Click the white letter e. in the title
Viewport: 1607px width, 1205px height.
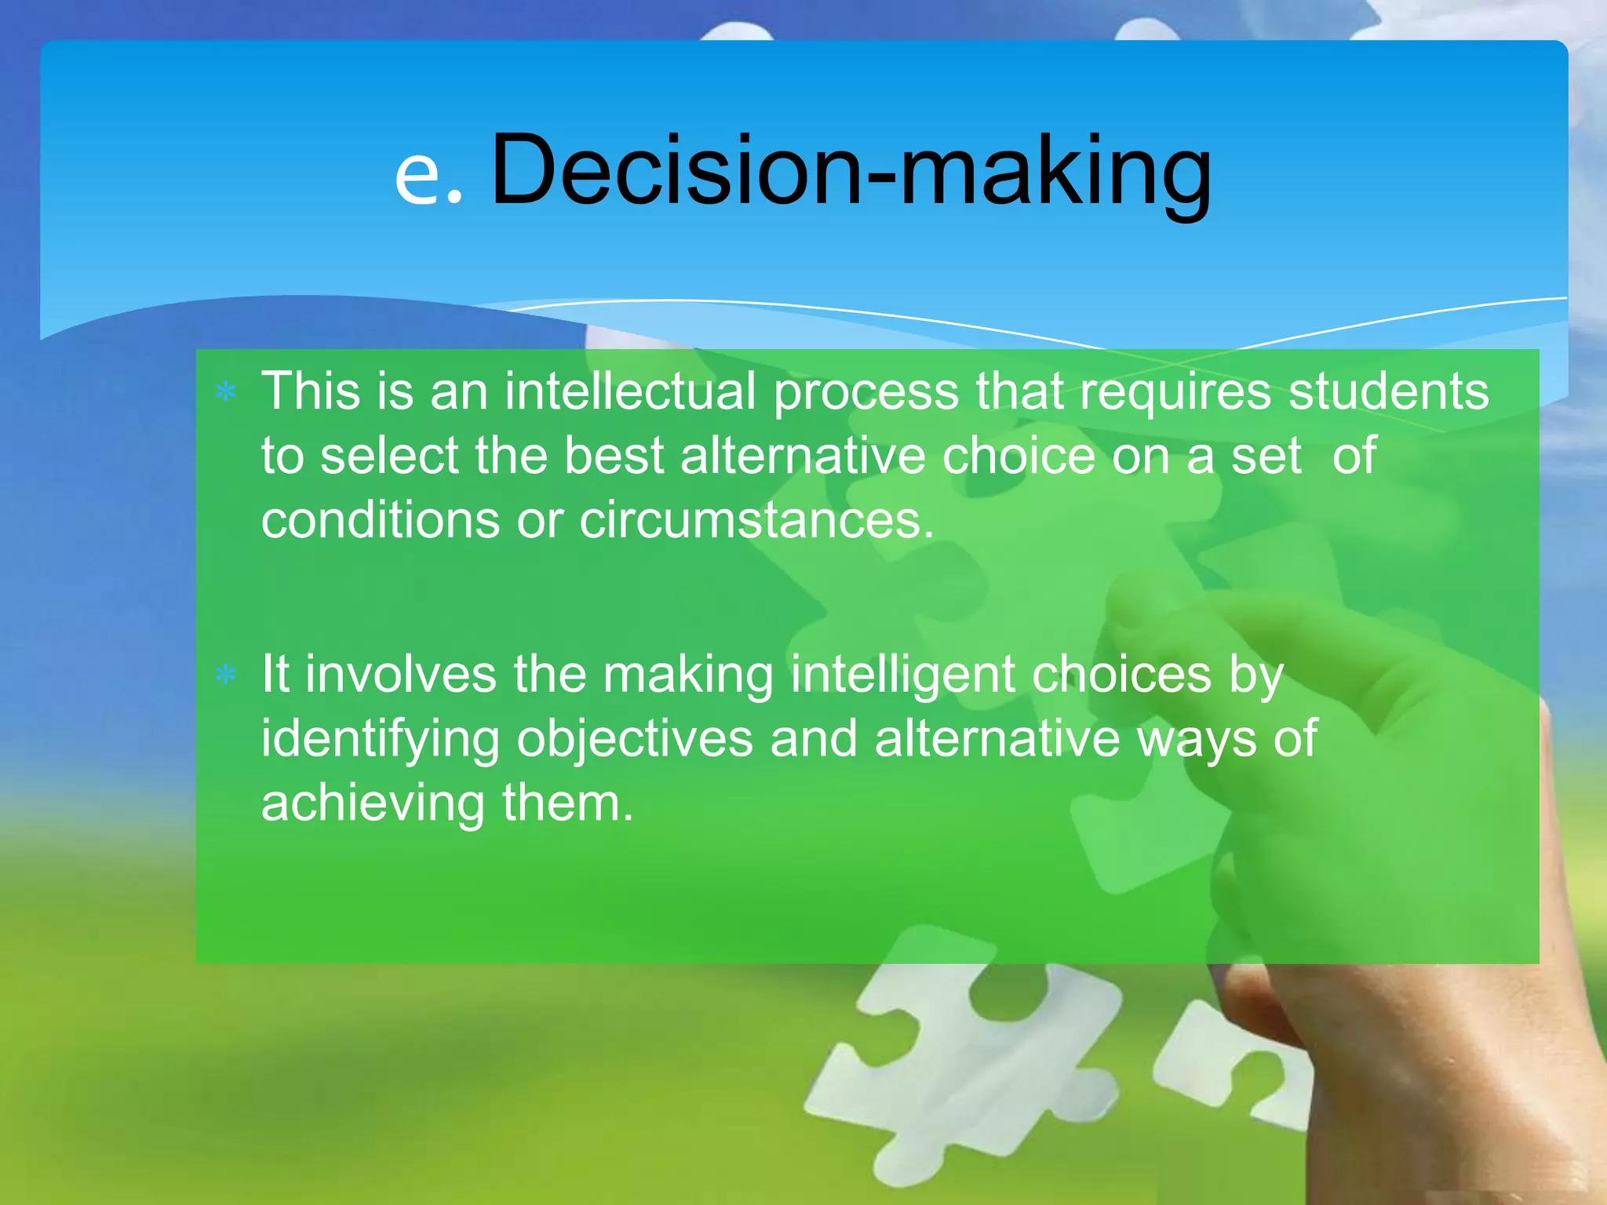[x=428, y=177]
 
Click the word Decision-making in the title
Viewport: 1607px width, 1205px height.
[x=851, y=171]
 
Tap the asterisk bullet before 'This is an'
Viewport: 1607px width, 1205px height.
[x=226, y=391]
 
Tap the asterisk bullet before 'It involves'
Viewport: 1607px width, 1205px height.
[x=226, y=674]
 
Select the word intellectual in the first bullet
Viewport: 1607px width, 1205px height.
[x=629, y=391]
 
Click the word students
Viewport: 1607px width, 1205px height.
[x=1388, y=391]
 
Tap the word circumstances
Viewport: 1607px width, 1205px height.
[x=756, y=520]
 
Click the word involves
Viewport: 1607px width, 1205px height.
[x=401, y=674]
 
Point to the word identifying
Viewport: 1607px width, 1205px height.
[x=380, y=740]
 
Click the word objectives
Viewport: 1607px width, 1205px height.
[x=634, y=740]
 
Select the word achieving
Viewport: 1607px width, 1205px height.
[x=373, y=804]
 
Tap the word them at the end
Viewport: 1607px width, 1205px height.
[x=567, y=803]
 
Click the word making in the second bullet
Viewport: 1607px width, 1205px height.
[x=688, y=675]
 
